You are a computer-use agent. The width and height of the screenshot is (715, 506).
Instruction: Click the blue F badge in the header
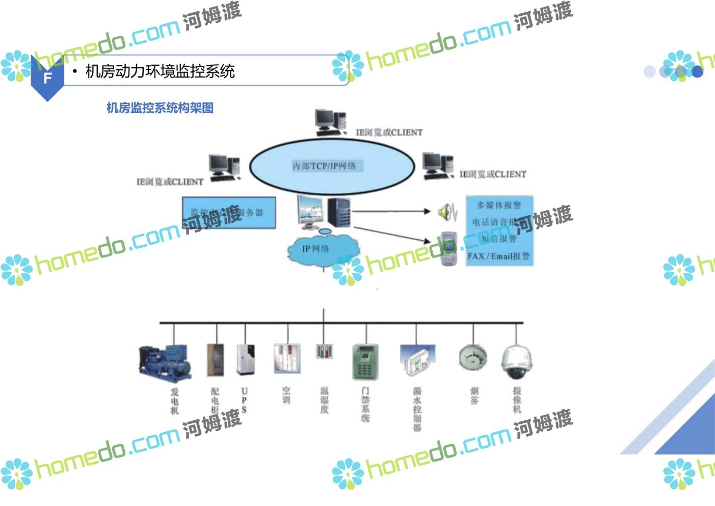[47, 78]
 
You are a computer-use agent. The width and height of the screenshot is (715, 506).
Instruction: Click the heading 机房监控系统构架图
[160, 108]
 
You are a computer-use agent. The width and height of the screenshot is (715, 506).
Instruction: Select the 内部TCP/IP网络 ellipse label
[324, 166]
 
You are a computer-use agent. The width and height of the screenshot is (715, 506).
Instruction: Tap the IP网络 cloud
[316, 249]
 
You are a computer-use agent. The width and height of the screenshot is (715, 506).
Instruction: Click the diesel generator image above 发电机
[165, 361]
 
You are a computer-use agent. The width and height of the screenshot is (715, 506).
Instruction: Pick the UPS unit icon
[245, 359]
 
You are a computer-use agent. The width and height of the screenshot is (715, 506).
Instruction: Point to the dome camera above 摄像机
[517, 362]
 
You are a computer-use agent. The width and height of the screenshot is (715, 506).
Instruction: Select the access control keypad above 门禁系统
[365, 362]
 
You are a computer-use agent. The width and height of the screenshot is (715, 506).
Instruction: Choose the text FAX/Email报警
[498, 256]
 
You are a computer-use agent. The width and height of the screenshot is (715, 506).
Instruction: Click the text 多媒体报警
[499, 205]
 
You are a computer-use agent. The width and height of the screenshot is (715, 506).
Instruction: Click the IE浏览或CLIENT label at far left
[170, 182]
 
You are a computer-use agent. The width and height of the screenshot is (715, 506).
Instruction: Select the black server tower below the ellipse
[339, 212]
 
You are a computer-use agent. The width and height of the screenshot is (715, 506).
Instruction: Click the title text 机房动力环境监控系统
[160, 71]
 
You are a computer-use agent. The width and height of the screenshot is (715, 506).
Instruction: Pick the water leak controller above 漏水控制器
[418, 361]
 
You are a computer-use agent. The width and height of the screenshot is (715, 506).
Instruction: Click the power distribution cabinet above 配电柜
[215, 360]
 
